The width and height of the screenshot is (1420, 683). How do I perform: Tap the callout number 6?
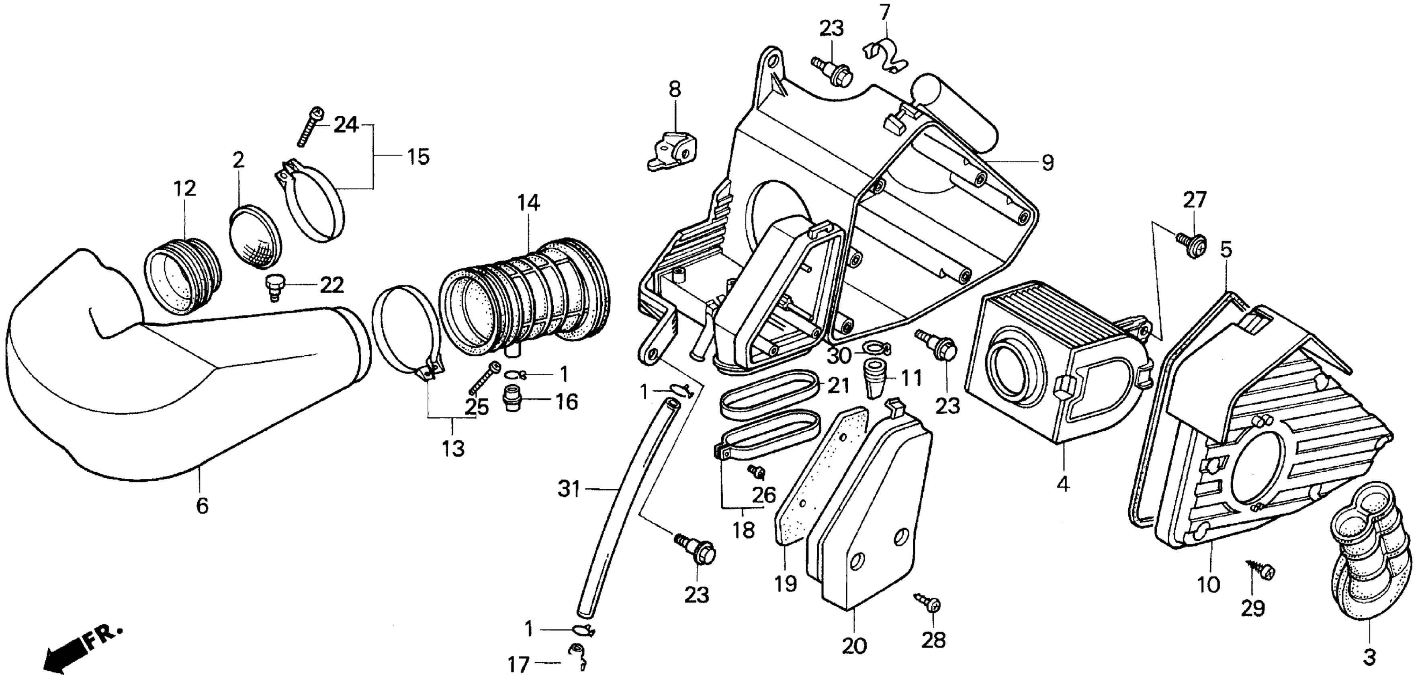pos(202,505)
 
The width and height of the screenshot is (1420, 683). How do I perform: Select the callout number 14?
pos(528,203)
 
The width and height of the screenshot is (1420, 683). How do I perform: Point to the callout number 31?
pos(569,489)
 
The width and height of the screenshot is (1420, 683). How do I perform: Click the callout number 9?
pos(1048,163)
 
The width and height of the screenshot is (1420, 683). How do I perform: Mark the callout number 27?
pos(1195,200)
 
